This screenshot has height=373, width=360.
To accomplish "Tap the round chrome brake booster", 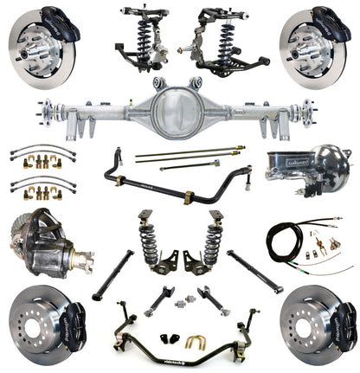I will [x=325, y=169].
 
